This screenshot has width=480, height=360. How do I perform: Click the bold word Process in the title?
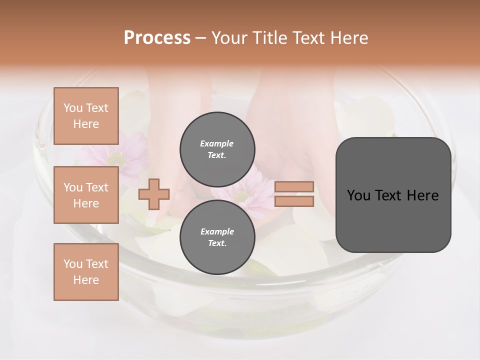click(x=157, y=38)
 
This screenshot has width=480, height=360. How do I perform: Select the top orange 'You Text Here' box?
click(x=86, y=116)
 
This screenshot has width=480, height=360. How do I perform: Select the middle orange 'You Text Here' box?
click(x=86, y=195)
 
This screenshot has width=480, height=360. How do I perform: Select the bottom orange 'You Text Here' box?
click(x=86, y=272)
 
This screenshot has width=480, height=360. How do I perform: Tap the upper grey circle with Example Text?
click(x=217, y=149)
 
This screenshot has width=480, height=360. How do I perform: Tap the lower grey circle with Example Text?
click(x=217, y=237)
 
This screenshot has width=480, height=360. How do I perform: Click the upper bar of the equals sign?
click(x=294, y=186)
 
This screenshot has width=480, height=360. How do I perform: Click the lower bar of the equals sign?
click(x=294, y=201)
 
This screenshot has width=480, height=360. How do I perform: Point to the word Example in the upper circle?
click(x=217, y=143)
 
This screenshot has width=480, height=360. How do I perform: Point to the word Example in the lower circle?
click(x=217, y=231)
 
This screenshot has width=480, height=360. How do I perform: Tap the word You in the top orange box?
click(x=73, y=108)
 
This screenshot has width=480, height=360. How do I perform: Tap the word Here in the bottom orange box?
click(x=86, y=280)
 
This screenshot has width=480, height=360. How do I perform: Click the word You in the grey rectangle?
click(x=358, y=195)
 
